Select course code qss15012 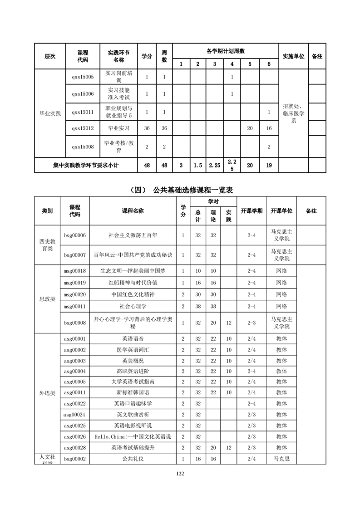pyautogui.click(x=83, y=128)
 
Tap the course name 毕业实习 pyautogui.click(x=118, y=128)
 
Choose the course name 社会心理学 pyautogui.click(x=133, y=307)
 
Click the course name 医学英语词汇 pyautogui.click(x=133, y=350)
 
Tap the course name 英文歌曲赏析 pyautogui.click(x=133, y=415)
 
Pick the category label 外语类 pyautogui.click(x=48, y=393)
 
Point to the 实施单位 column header pyautogui.click(x=293, y=57)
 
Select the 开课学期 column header pyautogui.click(x=252, y=211)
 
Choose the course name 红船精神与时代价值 pyautogui.click(x=133, y=283)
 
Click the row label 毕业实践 pyautogui.click(x=50, y=113)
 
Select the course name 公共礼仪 pyautogui.click(x=133, y=459)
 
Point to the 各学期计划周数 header pyautogui.click(x=225, y=51)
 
